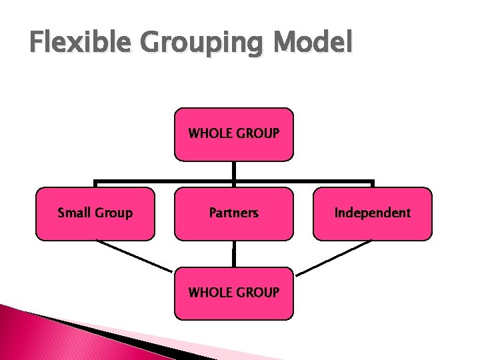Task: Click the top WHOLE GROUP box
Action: click(x=233, y=134)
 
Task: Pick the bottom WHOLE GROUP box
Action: click(x=233, y=293)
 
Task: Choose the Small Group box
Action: click(x=95, y=213)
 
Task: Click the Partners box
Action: click(x=233, y=213)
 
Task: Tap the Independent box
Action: click(x=373, y=213)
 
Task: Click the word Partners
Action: click(x=233, y=213)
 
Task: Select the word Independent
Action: click(x=373, y=213)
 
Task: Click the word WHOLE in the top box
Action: click(x=209, y=133)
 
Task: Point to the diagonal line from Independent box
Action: click(x=333, y=257)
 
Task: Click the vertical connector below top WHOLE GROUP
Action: click(x=234, y=171)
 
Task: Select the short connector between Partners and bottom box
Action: click(x=233, y=254)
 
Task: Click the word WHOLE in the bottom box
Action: click(x=209, y=293)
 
